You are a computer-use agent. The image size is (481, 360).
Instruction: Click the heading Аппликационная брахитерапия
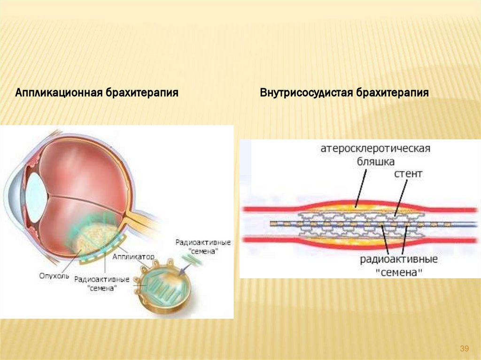(97, 92)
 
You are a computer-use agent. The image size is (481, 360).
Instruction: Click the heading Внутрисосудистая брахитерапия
(344, 92)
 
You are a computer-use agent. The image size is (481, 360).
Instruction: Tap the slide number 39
(465, 348)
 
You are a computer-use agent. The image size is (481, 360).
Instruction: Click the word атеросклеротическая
(376, 149)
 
